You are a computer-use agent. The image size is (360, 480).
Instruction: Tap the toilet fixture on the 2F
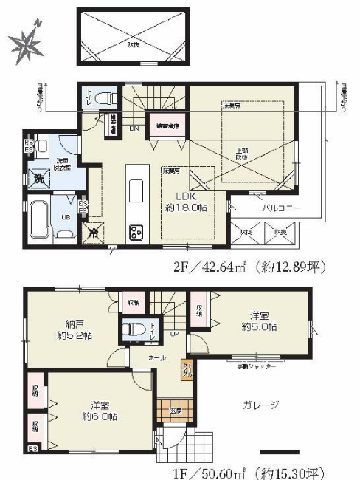point(106,97)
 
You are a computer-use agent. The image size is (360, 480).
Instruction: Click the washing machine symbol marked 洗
point(38,178)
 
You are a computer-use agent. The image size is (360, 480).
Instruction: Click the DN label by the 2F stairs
point(134,128)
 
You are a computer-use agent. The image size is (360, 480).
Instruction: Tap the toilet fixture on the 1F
point(134,329)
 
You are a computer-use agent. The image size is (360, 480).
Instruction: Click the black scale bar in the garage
point(279,451)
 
